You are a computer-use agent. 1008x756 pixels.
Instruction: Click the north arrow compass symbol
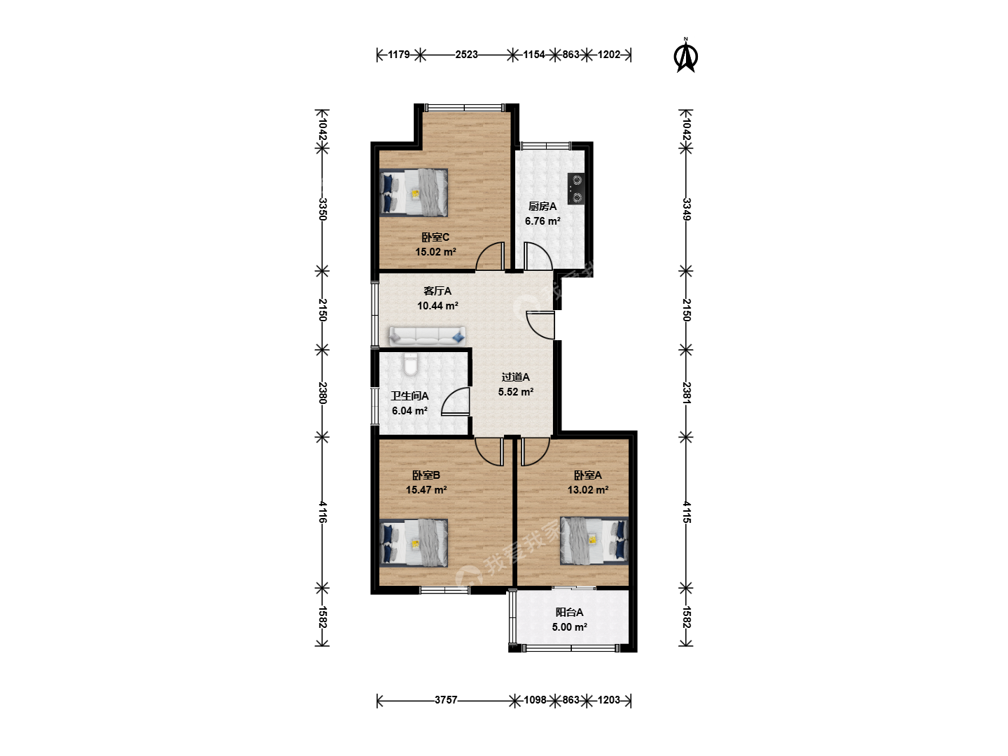(x=685, y=57)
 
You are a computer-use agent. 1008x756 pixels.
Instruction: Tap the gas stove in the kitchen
(x=576, y=189)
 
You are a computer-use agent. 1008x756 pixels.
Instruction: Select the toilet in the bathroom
(x=409, y=365)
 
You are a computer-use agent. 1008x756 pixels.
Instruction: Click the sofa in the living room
(x=427, y=337)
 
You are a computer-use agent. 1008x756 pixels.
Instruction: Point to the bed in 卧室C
(x=414, y=192)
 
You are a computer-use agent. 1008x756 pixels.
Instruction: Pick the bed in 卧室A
(x=594, y=540)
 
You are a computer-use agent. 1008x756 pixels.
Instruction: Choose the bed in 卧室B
(x=414, y=543)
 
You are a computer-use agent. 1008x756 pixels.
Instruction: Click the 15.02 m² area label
(x=435, y=251)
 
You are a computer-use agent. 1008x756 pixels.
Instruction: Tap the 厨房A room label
(x=542, y=206)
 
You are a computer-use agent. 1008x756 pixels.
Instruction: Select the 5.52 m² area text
(x=516, y=392)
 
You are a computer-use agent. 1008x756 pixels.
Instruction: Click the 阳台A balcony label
(x=569, y=612)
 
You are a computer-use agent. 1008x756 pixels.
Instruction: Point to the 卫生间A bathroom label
(x=409, y=395)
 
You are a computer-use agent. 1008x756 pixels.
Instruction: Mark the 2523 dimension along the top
(x=467, y=55)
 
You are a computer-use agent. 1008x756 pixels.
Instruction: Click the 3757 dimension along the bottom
(x=446, y=700)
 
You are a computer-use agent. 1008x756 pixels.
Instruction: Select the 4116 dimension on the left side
(x=323, y=512)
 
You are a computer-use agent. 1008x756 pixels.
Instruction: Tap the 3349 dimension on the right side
(x=687, y=209)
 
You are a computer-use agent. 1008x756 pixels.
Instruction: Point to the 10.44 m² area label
(x=437, y=306)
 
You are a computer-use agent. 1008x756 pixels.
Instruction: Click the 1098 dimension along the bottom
(x=535, y=700)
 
